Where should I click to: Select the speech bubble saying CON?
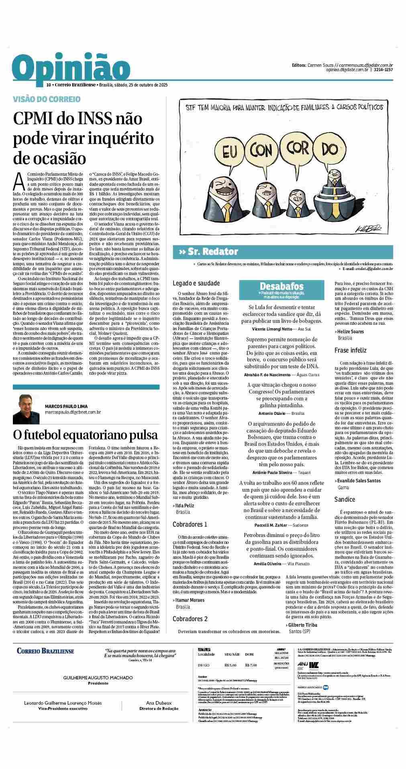[263, 150]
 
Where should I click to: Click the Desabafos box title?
[281, 286]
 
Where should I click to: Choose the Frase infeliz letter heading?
[351, 350]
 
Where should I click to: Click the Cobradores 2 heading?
[190, 619]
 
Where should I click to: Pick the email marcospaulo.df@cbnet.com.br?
[73, 412]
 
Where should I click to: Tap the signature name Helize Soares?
[351, 331]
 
